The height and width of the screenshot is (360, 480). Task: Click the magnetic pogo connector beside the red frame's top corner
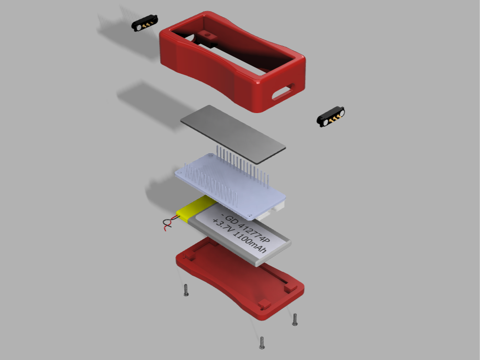point(144,23)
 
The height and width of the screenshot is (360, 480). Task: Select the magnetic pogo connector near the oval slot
point(330,117)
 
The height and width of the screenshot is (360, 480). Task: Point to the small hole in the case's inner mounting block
point(208,35)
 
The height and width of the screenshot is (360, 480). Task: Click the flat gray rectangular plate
point(233,134)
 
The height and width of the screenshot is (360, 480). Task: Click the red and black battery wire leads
point(170,223)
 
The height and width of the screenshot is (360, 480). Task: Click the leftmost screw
point(186,290)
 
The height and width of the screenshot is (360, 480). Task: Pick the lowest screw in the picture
point(262,343)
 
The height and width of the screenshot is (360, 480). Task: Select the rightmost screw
point(295,319)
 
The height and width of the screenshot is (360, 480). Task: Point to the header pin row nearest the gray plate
point(242,166)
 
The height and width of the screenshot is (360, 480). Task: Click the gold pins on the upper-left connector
point(147,23)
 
